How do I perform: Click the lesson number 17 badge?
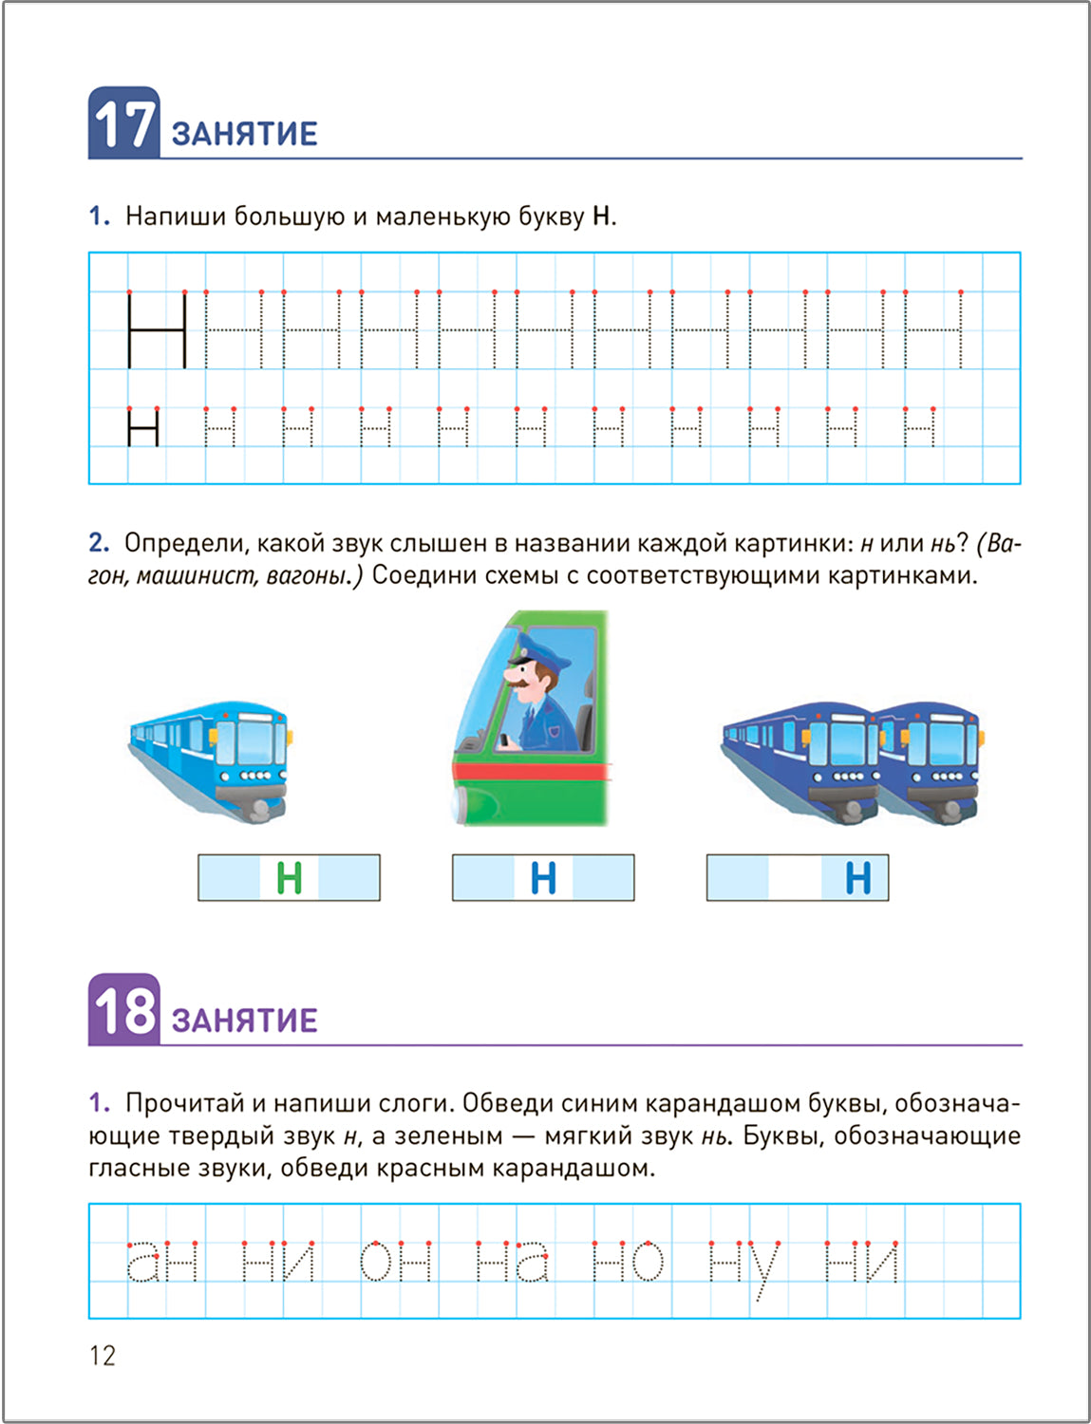coord(123,123)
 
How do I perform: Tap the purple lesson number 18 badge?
coord(123,1010)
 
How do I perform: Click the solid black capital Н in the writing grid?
coord(157,329)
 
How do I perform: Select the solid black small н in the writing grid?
coord(143,427)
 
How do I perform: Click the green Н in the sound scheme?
coord(289,878)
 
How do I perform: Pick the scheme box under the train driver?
coord(542,878)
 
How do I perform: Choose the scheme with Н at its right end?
coord(797,878)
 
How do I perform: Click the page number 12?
coord(103,1356)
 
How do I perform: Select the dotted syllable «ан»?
coord(162,1262)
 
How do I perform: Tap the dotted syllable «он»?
coord(396,1262)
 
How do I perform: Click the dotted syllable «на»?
coord(512,1262)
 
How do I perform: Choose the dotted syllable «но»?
coord(628,1262)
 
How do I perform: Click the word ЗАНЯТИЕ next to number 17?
coord(244,134)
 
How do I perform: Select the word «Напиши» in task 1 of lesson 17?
coord(176,216)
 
